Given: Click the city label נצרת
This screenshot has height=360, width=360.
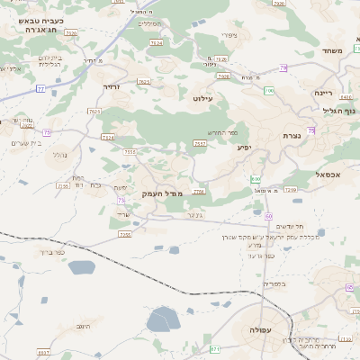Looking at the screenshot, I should [x=292, y=136].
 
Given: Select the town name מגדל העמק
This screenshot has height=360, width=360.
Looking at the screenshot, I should [x=162, y=194].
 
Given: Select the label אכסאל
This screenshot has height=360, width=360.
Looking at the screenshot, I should [x=328, y=175].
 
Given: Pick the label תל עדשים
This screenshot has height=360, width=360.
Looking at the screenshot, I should [x=283, y=228].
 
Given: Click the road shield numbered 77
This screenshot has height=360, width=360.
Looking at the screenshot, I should [x=40, y=88].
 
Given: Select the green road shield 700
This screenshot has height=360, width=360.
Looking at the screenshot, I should [x=256, y=178].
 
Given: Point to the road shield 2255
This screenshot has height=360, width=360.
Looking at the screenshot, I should [x=125, y=234].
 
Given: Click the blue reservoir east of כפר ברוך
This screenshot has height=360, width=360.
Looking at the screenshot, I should [x=82, y=267].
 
